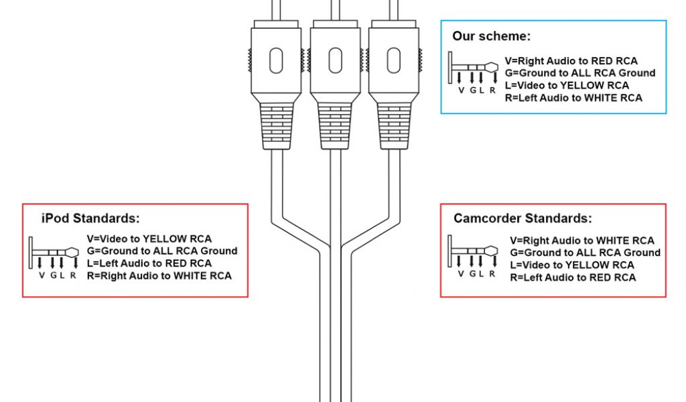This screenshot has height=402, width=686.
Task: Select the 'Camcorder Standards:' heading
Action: point(523,218)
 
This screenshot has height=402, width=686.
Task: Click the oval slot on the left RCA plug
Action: point(275,61)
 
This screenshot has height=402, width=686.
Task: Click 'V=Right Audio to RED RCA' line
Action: point(571,61)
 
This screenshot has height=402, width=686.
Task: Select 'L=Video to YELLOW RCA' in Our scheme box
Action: point(567,85)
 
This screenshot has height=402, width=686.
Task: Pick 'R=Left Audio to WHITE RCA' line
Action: point(573,98)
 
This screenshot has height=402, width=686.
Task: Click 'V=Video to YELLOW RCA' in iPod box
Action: point(149,239)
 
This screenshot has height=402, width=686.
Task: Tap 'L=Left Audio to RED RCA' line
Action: point(149,263)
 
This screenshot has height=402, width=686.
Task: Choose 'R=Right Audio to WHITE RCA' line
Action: point(159,275)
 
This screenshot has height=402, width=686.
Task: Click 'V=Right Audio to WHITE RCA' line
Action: point(581,241)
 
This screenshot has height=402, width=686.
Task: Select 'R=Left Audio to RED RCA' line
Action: point(573,277)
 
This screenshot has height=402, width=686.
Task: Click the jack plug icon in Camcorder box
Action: point(473,255)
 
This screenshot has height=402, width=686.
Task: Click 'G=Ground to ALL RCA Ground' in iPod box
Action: point(162,251)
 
